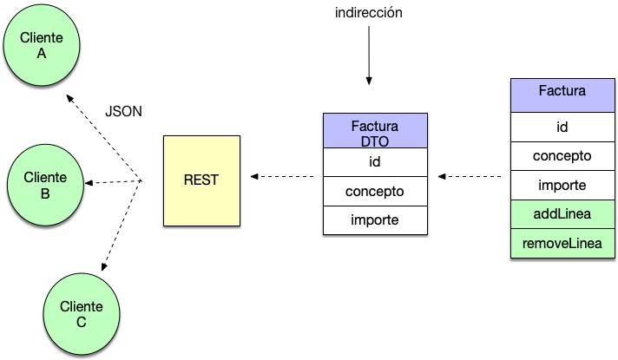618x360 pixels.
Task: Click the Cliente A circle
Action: click(x=42, y=45)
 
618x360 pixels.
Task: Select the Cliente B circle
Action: click(x=45, y=185)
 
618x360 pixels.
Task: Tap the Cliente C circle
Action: click(x=82, y=314)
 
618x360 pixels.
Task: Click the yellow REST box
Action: click(x=201, y=180)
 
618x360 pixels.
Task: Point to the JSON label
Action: click(x=123, y=111)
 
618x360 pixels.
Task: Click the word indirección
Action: click(x=369, y=13)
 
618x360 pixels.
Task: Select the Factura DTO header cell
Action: click(x=375, y=131)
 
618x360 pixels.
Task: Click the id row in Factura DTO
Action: click(x=375, y=162)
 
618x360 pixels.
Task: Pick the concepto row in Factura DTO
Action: click(x=375, y=191)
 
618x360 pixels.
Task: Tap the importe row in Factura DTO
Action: click(x=375, y=220)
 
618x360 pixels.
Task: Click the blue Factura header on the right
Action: click(x=562, y=95)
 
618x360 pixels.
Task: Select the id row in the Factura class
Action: click(x=562, y=127)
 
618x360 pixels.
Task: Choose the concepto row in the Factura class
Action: click(x=562, y=156)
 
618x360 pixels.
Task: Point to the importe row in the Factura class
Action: click(x=562, y=185)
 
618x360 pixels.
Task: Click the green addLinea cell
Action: click(x=562, y=214)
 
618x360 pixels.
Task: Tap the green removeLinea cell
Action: click(x=562, y=244)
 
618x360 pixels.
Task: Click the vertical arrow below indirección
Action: click(x=369, y=56)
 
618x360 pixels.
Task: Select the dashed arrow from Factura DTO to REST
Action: click(x=282, y=176)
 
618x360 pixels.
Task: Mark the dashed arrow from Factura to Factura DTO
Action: click(x=470, y=176)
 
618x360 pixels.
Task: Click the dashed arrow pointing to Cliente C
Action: click(x=121, y=226)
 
